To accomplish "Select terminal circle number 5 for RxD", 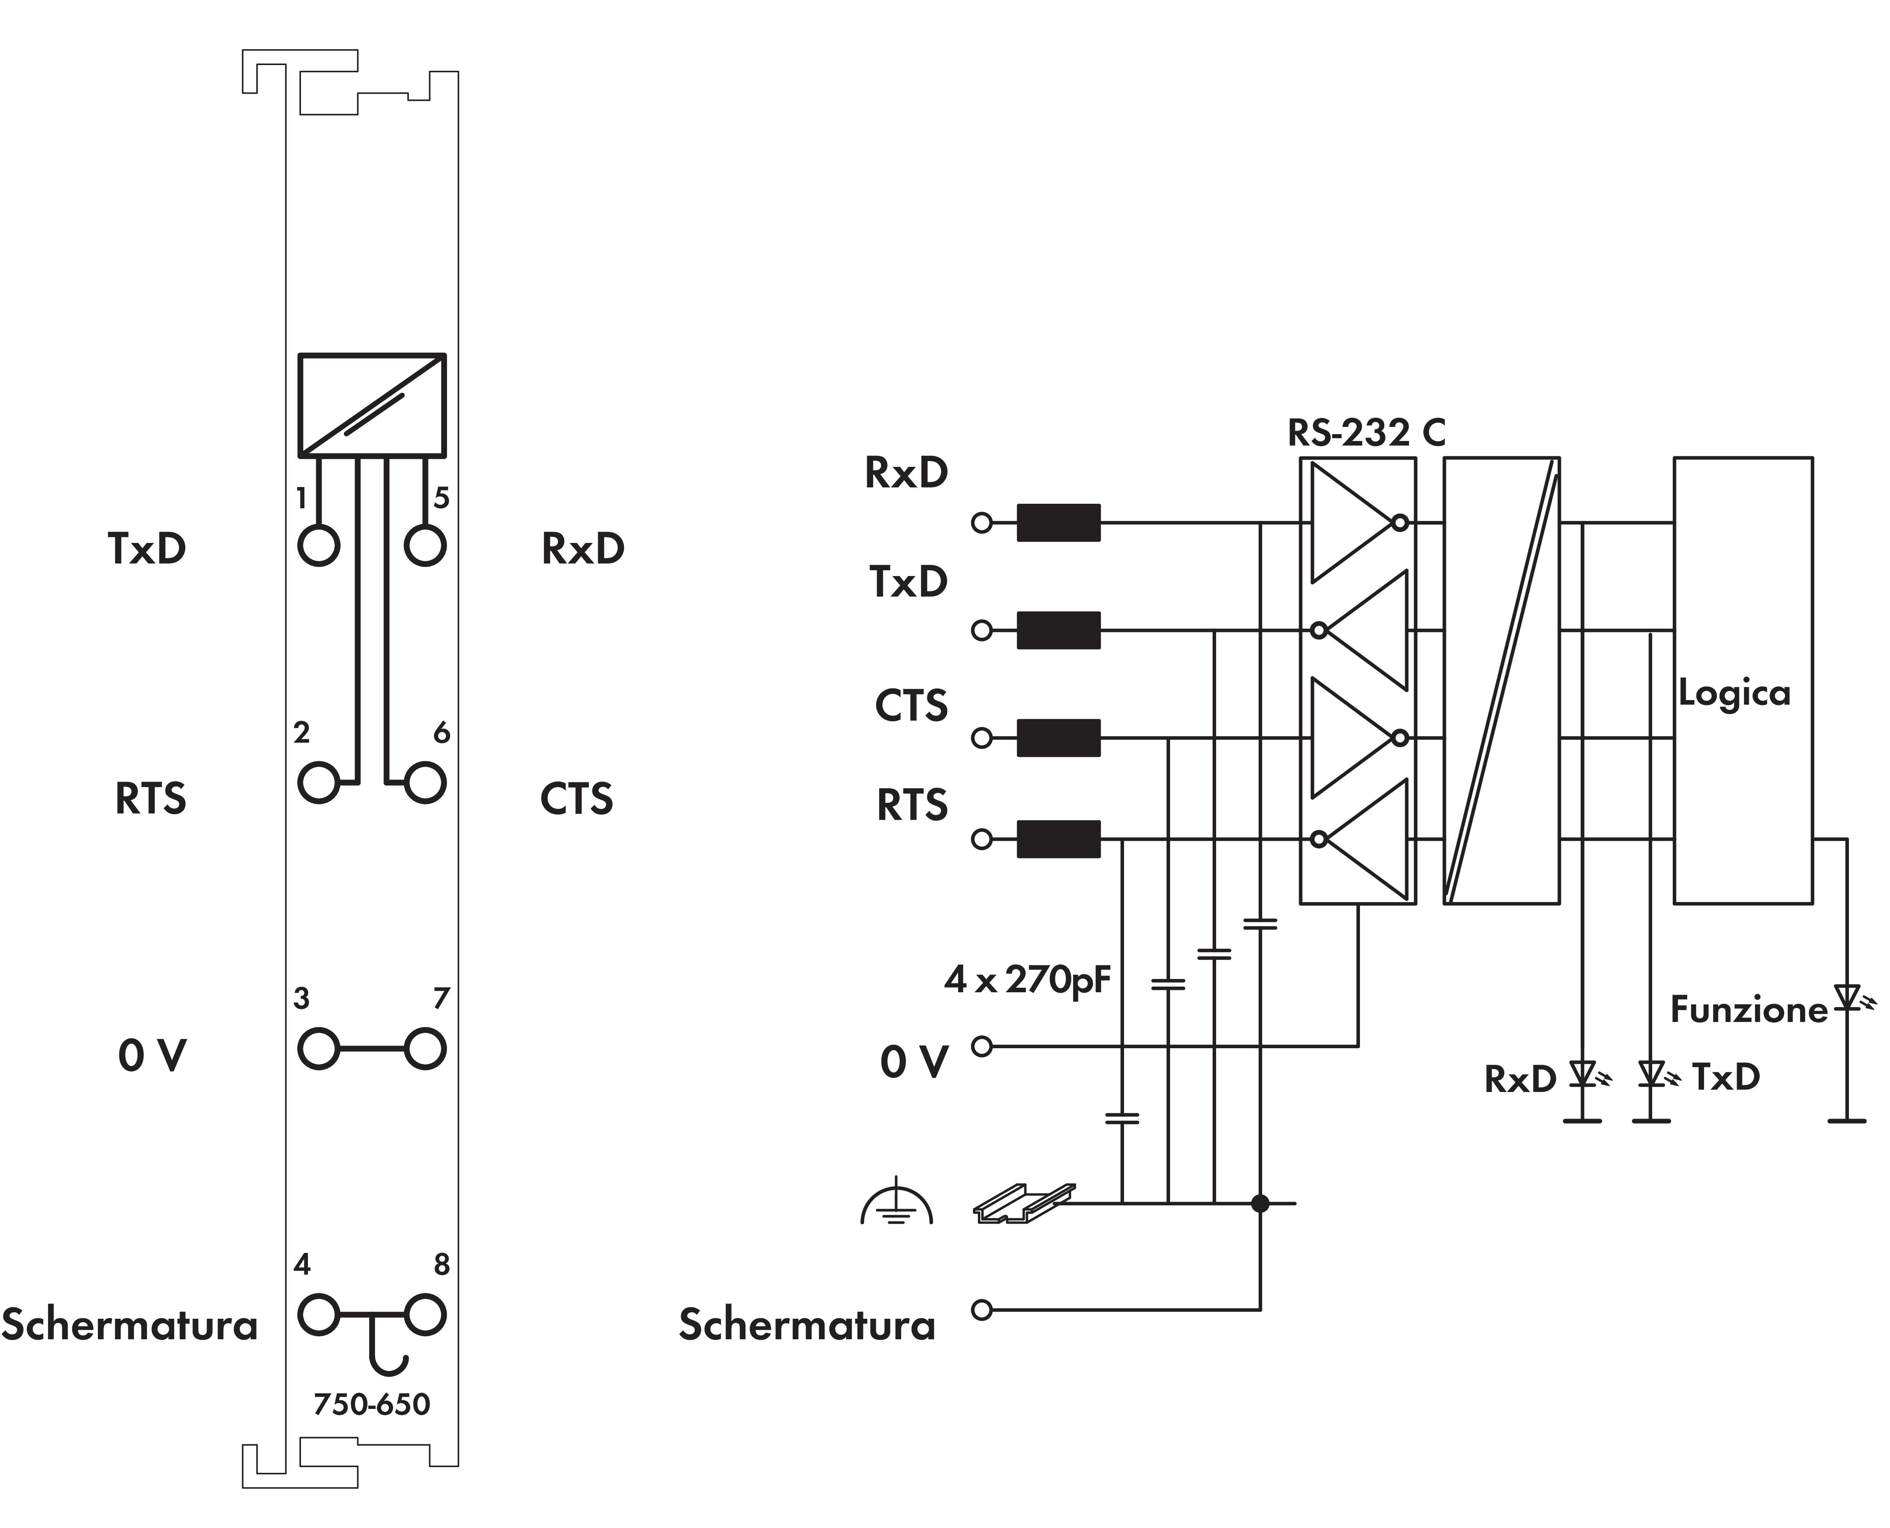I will pyautogui.click(x=425, y=546).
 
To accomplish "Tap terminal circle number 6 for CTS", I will pyautogui.click(x=425, y=783).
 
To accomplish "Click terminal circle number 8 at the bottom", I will pyautogui.click(x=425, y=1315).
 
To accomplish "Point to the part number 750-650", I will pyautogui.click(x=371, y=1404).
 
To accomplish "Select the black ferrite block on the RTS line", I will pyautogui.click(x=1058, y=839).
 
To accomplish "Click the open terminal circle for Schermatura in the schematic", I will pyautogui.click(x=982, y=1310).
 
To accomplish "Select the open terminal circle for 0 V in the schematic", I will pyautogui.click(x=982, y=1047).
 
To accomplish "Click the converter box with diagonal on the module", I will pyautogui.click(x=371, y=405).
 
